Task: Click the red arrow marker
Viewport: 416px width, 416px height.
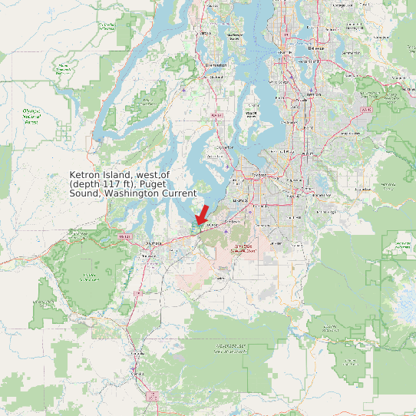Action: [202, 214]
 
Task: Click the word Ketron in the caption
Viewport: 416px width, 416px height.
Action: [86, 175]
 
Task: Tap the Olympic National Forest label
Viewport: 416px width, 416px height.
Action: [31, 117]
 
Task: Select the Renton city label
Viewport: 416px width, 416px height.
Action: [313, 94]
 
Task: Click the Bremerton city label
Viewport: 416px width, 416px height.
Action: [216, 66]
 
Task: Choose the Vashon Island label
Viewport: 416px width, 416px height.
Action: [250, 114]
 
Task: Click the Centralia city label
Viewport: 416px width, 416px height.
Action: [138, 352]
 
